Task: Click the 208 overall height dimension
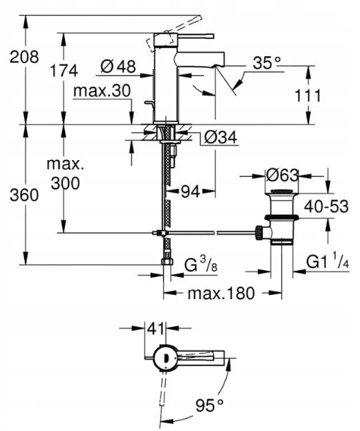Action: tap(25, 57)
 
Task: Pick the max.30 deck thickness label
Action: tap(101, 90)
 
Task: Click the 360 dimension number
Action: tap(25, 196)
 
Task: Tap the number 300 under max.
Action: tap(64, 183)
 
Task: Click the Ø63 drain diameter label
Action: tap(283, 175)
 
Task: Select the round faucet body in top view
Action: tap(164, 356)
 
